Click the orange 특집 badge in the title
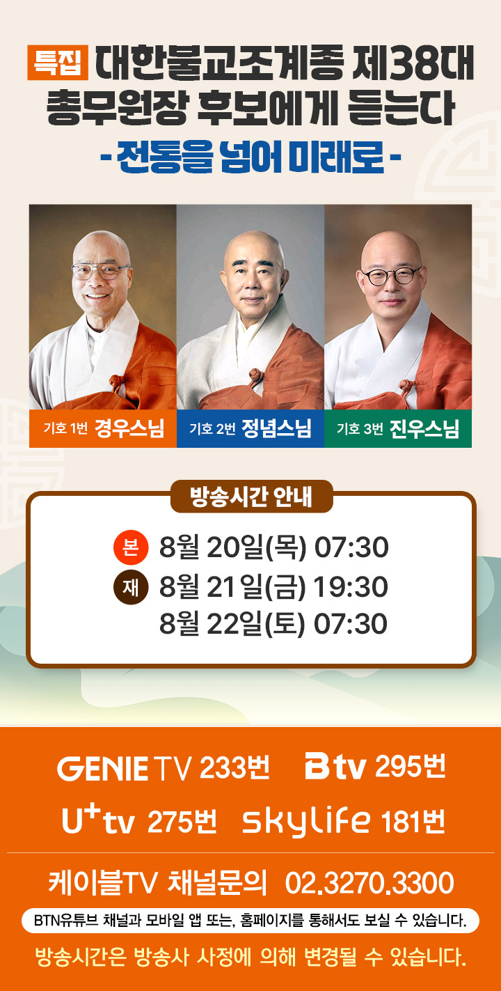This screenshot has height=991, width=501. pyautogui.click(x=58, y=63)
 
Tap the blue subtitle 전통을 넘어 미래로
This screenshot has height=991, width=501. pyautogui.click(x=250, y=157)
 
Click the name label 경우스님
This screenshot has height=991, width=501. pyautogui.click(x=129, y=428)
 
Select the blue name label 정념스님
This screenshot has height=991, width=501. pyautogui.click(x=276, y=428)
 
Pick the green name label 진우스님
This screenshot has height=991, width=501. pyautogui.click(x=424, y=428)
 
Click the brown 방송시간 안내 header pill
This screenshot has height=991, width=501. pyautogui.click(x=252, y=497)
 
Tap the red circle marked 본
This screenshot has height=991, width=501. pyautogui.click(x=131, y=547)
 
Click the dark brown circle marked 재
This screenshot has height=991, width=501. pyautogui.click(x=131, y=587)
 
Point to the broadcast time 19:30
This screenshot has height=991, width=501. pyautogui.click(x=351, y=586)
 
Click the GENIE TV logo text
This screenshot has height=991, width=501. pyautogui.click(x=125, y=768)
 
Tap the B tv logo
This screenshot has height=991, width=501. pyautogui.click(x=335, y=767)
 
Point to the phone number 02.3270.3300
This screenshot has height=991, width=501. pyautogui.click(x=369, y=882)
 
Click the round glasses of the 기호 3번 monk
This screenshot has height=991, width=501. pyautogui.click(x=391, y=276)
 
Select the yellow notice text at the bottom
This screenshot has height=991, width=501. pyautogui.click(x=250, y=958)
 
